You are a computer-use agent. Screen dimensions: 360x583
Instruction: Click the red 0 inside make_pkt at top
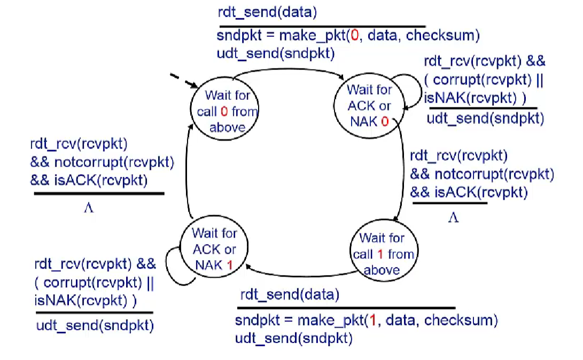pos(354,36)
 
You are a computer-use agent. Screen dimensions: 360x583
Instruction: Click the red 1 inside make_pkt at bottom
pos(373,321)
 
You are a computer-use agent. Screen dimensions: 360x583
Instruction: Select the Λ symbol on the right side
pos(453,217)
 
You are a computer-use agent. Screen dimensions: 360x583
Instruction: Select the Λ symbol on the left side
pos(89,208)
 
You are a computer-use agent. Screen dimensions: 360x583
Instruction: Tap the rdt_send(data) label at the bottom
pos(289,295)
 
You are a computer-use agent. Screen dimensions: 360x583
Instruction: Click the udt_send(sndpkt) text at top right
pos(485,118)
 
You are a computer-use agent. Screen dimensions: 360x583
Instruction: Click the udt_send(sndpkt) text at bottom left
pos(95,325)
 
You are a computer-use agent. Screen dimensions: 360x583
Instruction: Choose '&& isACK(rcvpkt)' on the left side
pos(89,180)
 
